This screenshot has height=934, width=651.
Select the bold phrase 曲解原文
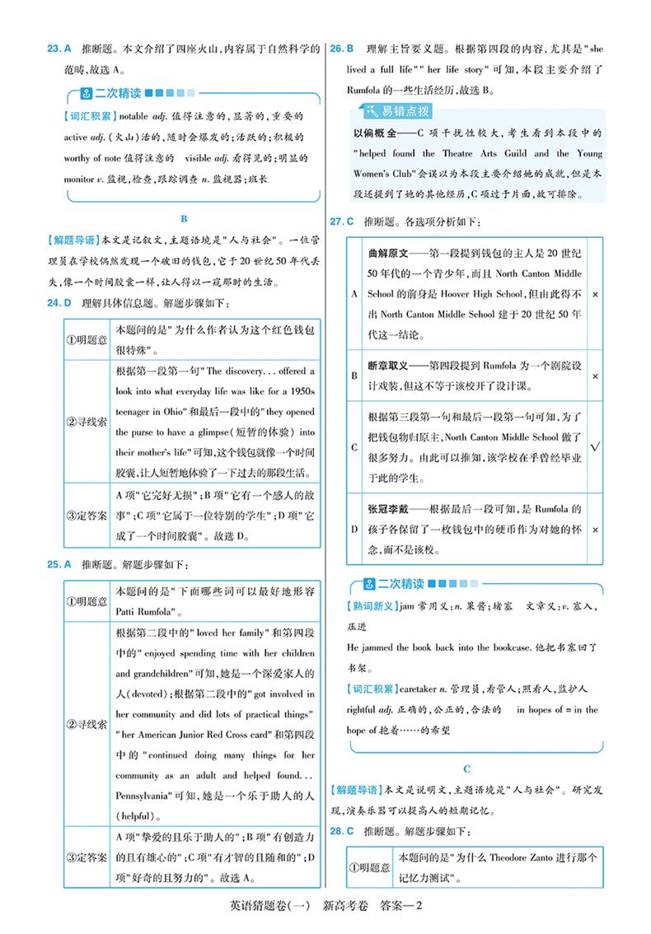point(391,252)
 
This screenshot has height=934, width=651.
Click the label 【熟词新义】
point(369,606)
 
